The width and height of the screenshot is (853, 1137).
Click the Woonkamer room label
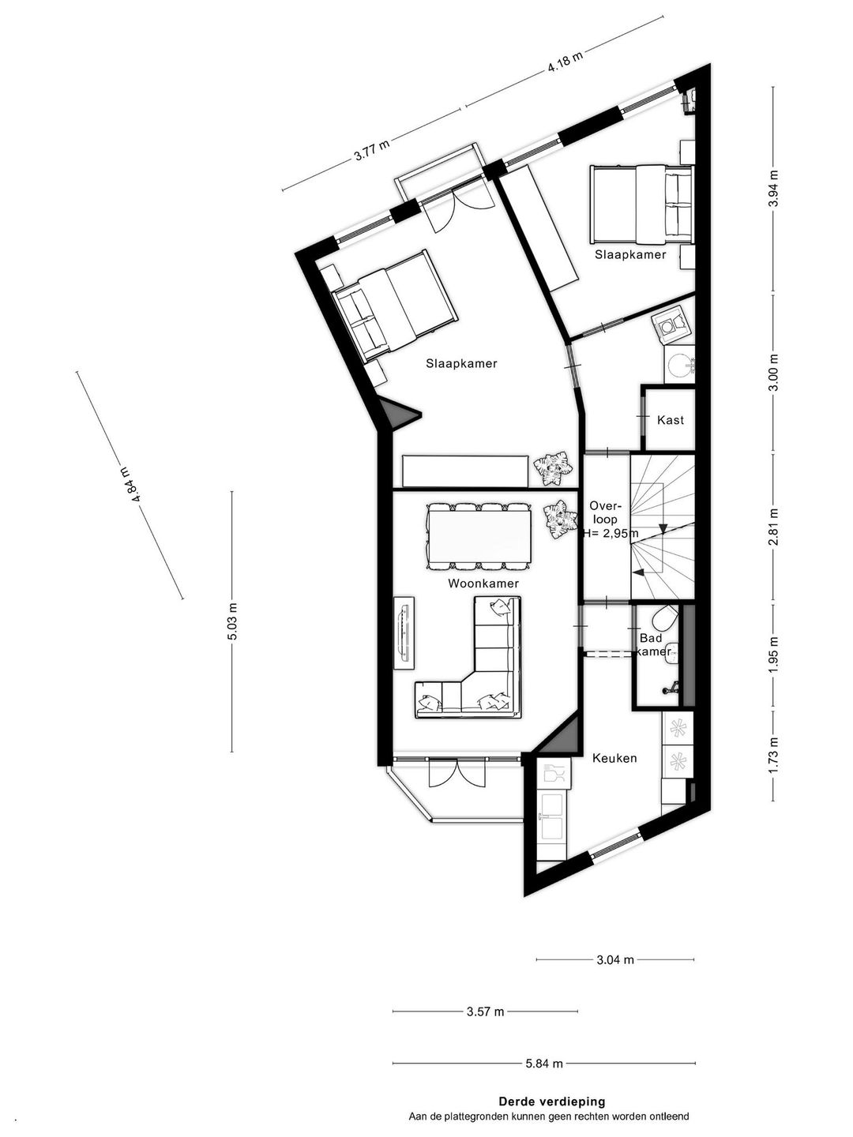pos(483,584)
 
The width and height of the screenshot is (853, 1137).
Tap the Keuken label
pos(614,758)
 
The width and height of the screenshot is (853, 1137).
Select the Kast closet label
pos(671,420)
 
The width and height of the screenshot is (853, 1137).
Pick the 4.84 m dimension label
pos(129,484)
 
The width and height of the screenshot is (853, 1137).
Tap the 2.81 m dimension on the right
pos(773,527)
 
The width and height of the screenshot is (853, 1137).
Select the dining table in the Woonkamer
pos(479,536)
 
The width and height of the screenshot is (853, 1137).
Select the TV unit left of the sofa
pos(404,633)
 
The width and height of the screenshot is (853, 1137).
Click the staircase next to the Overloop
pos(662,527)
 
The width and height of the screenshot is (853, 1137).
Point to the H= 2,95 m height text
pos(611,532)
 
